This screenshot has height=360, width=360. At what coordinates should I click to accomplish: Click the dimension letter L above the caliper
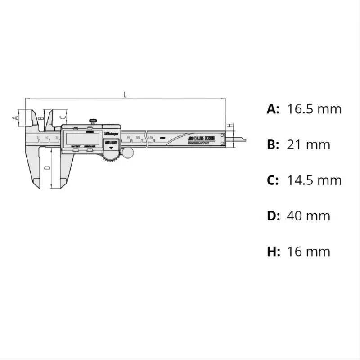[x=125, y=94]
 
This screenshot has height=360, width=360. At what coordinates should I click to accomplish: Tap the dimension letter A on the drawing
[x=14, y=117]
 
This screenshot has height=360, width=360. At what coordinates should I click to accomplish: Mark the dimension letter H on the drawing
[x=229, y=125]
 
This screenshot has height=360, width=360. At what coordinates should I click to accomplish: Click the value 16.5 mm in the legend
[x=314, y=109]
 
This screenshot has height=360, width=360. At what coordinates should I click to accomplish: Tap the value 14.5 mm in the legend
[x=314, y=180]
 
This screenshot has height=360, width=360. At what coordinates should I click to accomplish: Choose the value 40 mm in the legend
[x=308, y=216]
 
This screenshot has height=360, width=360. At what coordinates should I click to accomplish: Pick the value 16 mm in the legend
[x=308, y=251]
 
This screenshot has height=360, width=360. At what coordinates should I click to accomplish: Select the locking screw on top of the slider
[x=94, y=121]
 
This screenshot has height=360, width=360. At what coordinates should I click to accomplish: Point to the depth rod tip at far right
[x=243, y=139]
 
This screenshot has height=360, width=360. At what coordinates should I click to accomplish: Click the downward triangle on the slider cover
[x=111, y=147]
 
